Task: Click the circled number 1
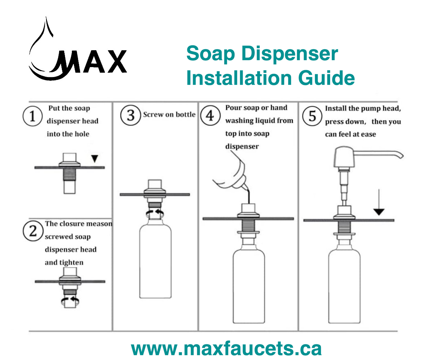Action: (x=32, y=116)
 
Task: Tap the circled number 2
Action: (x=32, y=231)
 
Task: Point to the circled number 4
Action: (x=210, y=116)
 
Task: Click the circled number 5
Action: (x=312, y=116)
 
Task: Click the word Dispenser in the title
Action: (x=289, y=54)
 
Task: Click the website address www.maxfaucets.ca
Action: (x=226, y=348)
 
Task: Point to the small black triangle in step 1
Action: (x=95, y=159)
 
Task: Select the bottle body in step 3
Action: (x=155, y=261)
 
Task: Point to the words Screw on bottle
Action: (x=169, y=114)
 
